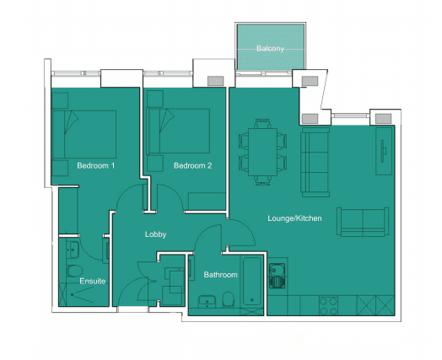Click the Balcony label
270,49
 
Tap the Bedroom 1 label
96,165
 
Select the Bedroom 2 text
192,165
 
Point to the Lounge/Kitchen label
294,218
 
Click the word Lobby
155,234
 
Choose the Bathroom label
220,275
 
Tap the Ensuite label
93,281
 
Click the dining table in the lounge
262,152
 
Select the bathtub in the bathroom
251,281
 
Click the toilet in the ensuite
74,271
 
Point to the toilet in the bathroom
229,299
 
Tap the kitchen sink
278,276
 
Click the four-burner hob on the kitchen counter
328,306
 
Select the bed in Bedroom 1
84,134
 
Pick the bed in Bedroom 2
180,131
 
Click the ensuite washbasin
73,249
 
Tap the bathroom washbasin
208,302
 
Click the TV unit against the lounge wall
384,151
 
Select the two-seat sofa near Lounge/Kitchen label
363,222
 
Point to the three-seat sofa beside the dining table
315,162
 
